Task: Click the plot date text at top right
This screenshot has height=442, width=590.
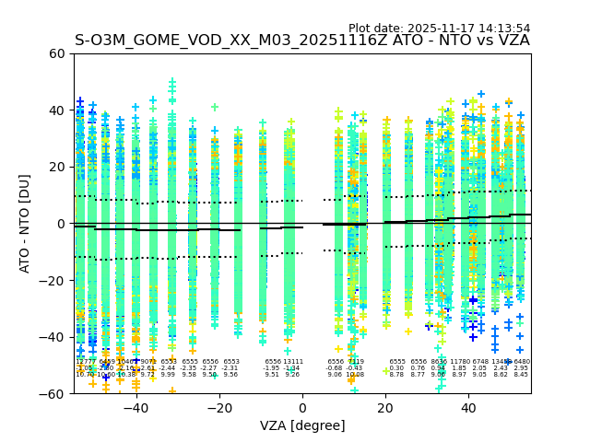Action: coord(439,29)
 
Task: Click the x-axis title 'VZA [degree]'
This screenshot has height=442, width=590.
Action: coord(302,425)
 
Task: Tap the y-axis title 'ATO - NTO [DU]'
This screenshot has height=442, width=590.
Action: coord(25,224)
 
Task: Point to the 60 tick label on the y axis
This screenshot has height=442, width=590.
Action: coord(56,53)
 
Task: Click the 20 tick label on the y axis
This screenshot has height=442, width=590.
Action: coord(56,167)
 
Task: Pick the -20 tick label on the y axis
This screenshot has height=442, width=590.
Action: coord(53,281)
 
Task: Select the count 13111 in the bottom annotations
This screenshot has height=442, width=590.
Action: coord(292,362)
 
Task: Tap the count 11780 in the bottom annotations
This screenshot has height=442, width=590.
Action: coord(459,362)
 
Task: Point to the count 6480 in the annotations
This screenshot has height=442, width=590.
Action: coord(521,362)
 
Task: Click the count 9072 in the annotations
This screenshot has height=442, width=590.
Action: coord(147,362)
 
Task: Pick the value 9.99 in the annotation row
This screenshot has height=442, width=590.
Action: coord(168,375)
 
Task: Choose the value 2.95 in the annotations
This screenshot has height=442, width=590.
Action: coord(521,368)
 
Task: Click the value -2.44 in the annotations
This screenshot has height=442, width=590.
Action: coord(168,368)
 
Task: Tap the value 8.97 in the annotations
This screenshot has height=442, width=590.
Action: coord(459,375)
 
